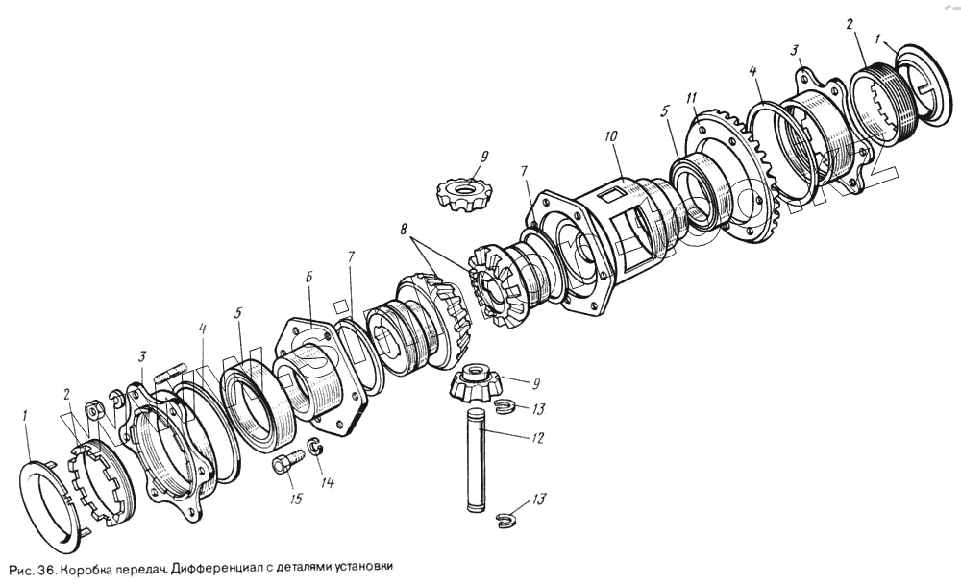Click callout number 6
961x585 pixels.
pos(309,277)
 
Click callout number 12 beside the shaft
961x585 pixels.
pos(537,438)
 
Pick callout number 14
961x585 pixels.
pos(328,483)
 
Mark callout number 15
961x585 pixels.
pos(290,498)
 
